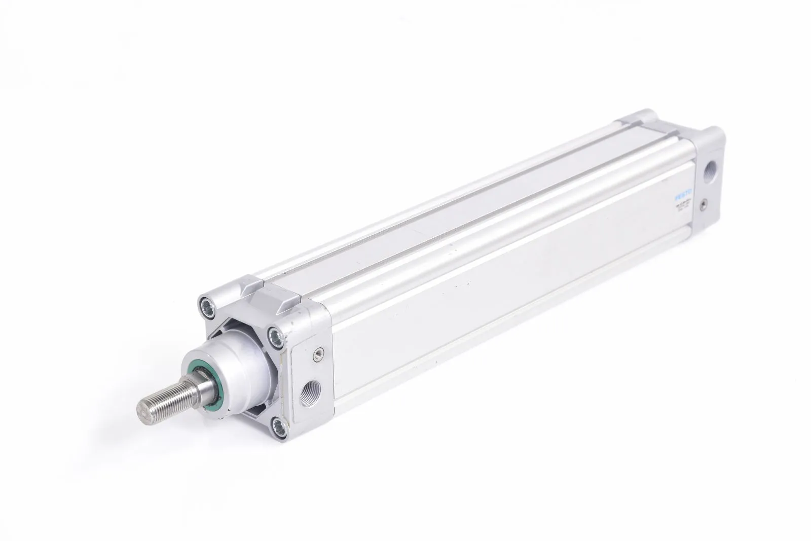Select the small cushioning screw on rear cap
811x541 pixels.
[x=703, y=205]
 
